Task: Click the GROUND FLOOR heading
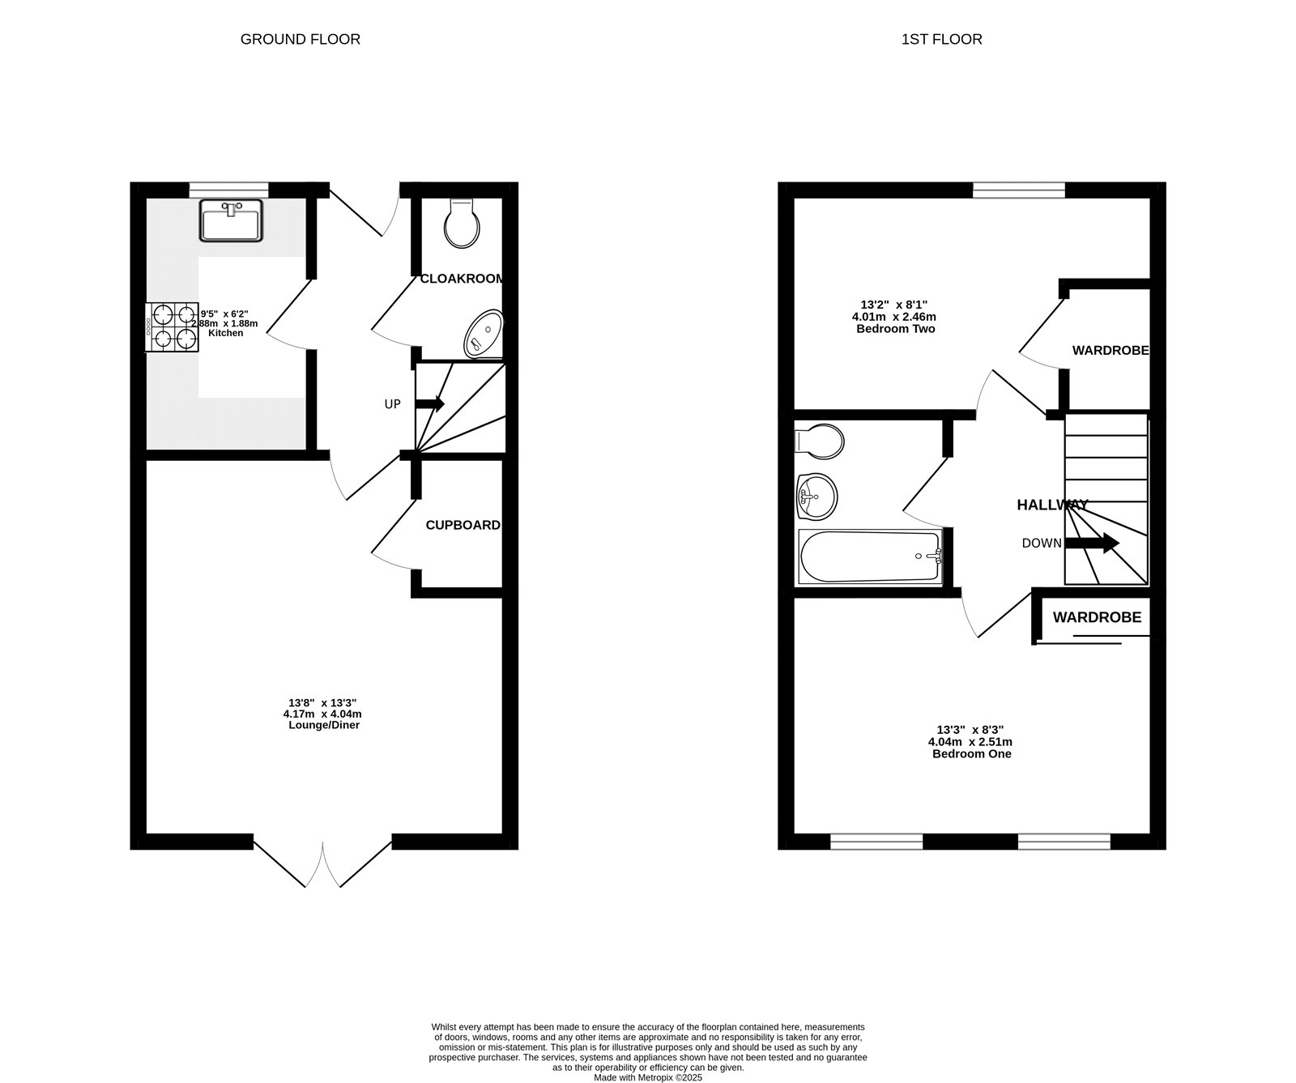[300, 39]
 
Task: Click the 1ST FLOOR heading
[941, 39]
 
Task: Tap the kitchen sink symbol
[232, 220]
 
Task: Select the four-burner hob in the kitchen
[173, 327]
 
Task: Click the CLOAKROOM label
[462, 279]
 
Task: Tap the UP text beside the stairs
[392, 404]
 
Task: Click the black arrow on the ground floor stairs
[430, 403]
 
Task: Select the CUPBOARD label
[463, 525]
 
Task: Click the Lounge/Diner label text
[323, 725]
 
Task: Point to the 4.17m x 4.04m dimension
[322, 714]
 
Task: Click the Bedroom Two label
[895, 329]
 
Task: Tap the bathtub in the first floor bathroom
[870, 556]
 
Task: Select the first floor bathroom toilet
[820, 441]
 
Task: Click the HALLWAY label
[1052, 505]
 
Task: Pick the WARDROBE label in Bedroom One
[1097, 617]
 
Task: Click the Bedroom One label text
[971, 753]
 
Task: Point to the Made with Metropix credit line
[648, 1077]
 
